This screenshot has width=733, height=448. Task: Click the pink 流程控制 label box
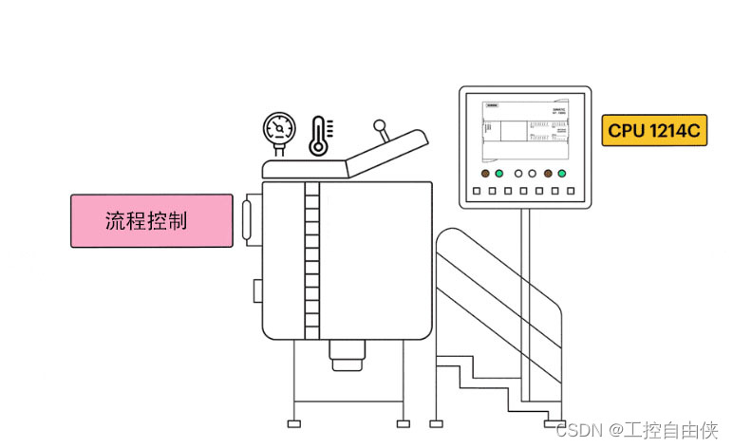click(152, 221)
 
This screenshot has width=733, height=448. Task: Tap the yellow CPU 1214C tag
click(654, 131)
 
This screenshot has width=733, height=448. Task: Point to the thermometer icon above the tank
click(318, 135)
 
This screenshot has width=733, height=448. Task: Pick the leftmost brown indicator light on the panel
click(485, 175)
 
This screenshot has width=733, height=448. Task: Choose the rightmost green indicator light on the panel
click(562, 175)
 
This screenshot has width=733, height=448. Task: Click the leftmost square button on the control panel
click(477, 192)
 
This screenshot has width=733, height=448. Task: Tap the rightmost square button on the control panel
click(570, 192)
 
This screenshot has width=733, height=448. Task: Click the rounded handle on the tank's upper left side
click(251, 220)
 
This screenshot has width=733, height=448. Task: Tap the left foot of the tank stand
click(294, 422)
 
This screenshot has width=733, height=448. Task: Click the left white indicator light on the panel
click(517, 175)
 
